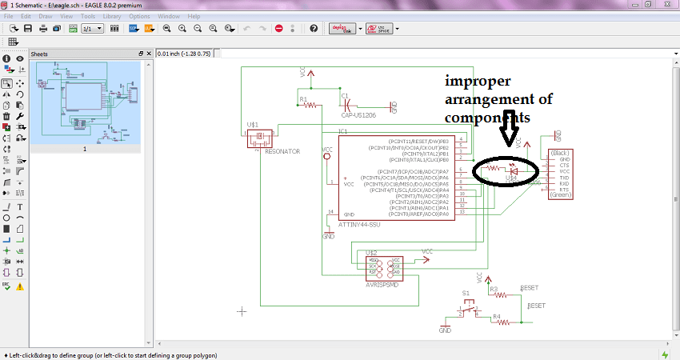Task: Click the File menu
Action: (8, 16)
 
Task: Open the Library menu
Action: (112, 16)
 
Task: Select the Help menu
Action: (194, 16)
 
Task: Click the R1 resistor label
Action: (302, 99)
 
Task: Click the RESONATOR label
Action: (282, 150)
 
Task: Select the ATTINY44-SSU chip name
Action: (359, 225)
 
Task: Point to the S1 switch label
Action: (466, 294)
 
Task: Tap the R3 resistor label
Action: (494, 289)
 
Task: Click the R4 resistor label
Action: (496, 317)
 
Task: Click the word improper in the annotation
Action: (478, 82)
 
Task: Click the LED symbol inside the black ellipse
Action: (516, 170)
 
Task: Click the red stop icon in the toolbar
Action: (279, 28)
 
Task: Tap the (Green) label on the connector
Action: (560, 194)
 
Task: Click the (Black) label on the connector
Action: (560, 152)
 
